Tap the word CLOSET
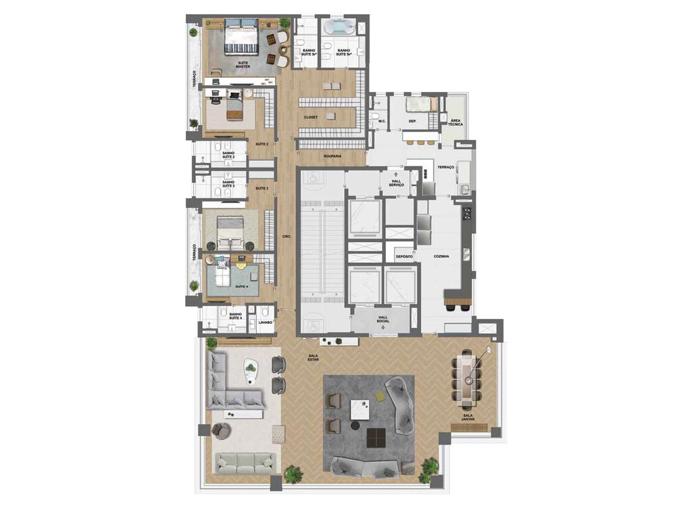point(311,117)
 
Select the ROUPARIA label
point(332,156)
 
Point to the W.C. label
point(382,122)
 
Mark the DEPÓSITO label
point(404,257)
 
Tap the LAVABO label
point(266,322)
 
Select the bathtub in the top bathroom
point(338,28)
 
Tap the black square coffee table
point(376,438)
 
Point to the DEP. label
point(412,122)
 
